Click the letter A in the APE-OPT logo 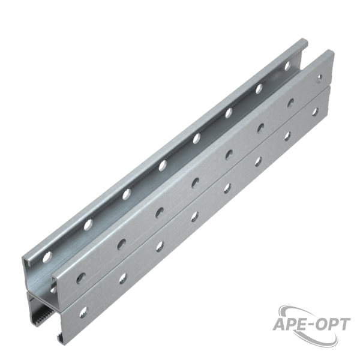pos(280,325)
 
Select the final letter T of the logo pos(344,325)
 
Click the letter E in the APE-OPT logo pos(300,325)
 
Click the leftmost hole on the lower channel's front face pos(83,313)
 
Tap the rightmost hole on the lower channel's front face pos(316,112)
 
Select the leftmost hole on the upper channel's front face pos(82,277)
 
